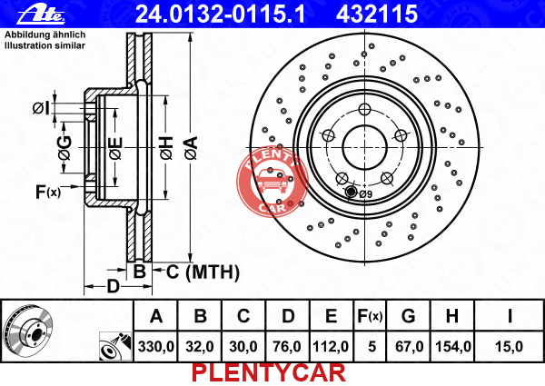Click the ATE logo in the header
[41, 15]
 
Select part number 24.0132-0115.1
[221, 14]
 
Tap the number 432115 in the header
[377, 14]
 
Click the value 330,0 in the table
[155, 346]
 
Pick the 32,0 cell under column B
[200, 346]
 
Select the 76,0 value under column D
[287, 346]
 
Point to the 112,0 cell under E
[331, 346]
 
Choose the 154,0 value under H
[453, 346]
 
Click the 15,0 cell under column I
[509, 346]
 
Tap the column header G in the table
[409, 316]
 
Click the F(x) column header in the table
[370, 316]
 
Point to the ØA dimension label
[192, 148]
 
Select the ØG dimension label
[65, 148]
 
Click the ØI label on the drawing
[42, 108]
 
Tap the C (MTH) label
[203, 272]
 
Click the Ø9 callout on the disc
[366, 194]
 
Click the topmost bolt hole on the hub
[364, 109]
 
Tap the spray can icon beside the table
[115, 346]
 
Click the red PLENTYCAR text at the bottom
[269, 372]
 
